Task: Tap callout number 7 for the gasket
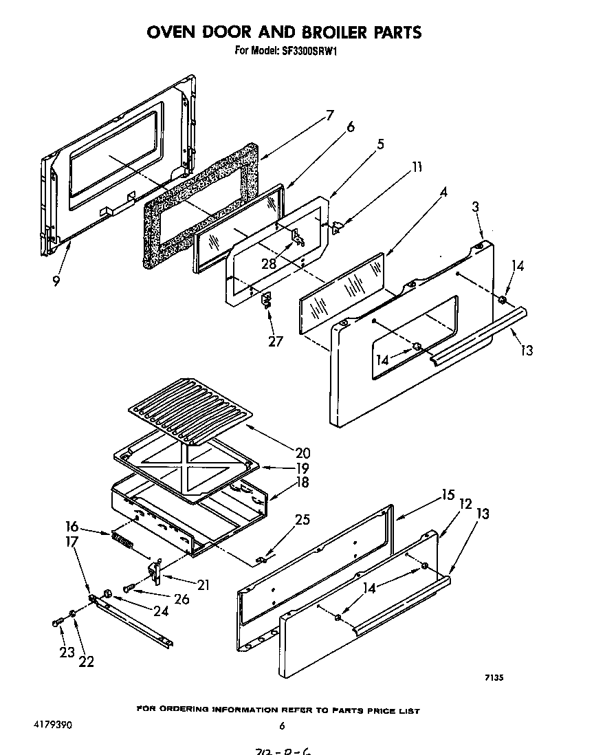pyautogui.click(x=329, y=116)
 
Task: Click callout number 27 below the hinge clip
pyautogui.click(x=275, y=341)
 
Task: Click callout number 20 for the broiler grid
pyautogui.click(x=302, y=453)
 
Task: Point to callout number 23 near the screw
pyautogui.click(x=66, y=653)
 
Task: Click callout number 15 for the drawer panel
pyautogui.click(x=448, y=494)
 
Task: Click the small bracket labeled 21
pyautogui.click(x=156, y=571)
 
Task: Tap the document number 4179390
pyautogui.click(x=52, y=725)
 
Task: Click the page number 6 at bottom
pyautogui.click(x=282, y=725)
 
